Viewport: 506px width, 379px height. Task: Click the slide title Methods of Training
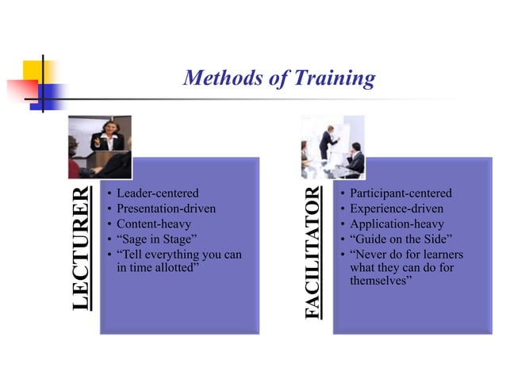point(278,78)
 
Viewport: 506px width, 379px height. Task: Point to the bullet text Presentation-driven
point(166,209)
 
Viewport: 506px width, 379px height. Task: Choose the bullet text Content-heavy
point(153,224)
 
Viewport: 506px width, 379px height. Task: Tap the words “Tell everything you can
point(178,255)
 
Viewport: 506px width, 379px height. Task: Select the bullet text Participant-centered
point(401,193)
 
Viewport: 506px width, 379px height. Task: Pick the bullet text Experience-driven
point(395,209)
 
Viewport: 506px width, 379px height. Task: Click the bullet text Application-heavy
point(396,224)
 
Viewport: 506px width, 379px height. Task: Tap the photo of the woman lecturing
point(100,146)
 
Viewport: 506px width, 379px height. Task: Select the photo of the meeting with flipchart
point(333,146)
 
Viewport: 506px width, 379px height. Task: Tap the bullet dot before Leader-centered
point(109,193)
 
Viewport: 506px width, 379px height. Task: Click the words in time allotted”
point(156,269)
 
